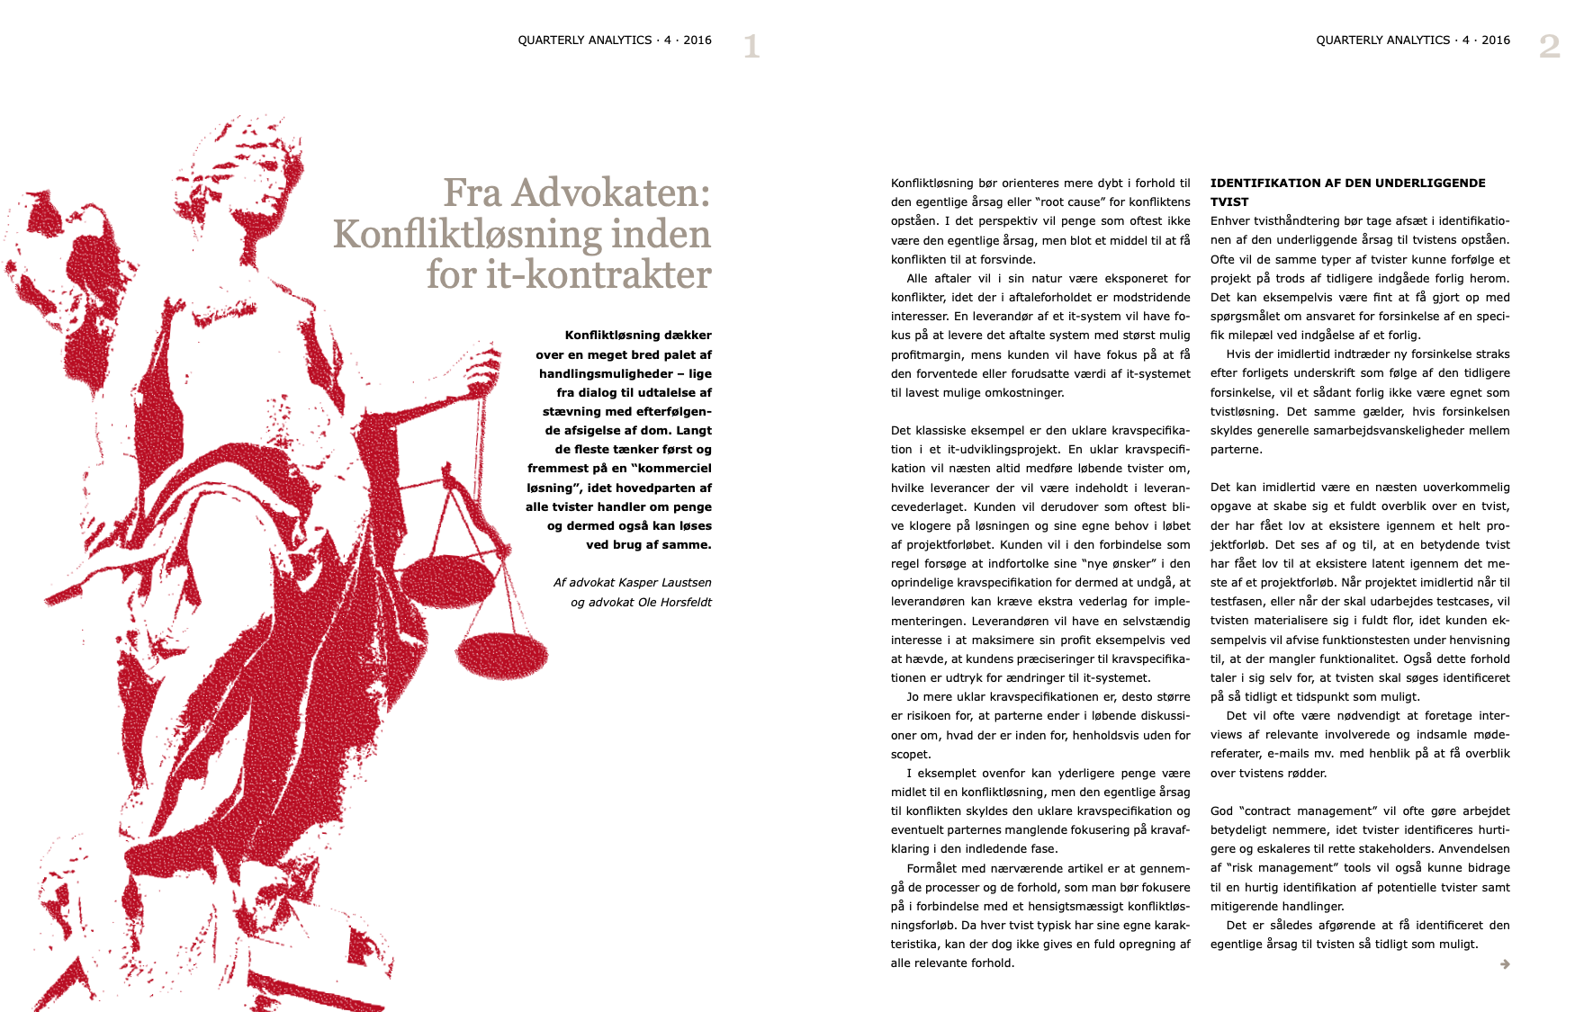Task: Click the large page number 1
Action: (752, 46)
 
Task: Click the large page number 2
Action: (1549, 46)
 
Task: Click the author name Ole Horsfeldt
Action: (674, 602)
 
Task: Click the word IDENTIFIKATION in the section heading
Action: (1264, 183)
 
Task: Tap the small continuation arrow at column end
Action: (1505, 964)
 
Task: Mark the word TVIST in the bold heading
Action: (1229, 202)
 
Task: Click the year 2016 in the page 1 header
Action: (697, 40)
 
